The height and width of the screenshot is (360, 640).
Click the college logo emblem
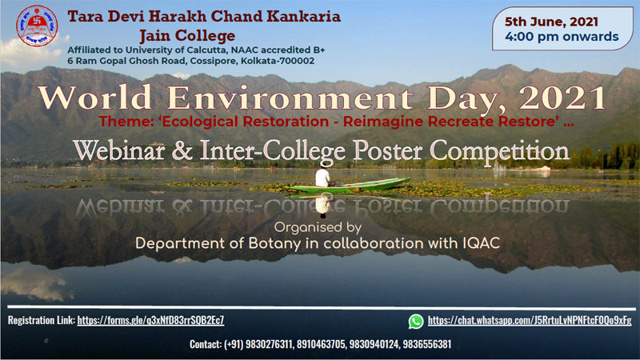tap(37, 26)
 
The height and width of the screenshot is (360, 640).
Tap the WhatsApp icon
tap(416, 322)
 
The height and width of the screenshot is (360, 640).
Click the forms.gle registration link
tap(150, 320)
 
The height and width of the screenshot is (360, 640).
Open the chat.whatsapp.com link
tap(530, 321)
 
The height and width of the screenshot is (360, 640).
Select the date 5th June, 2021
tap(551, 22)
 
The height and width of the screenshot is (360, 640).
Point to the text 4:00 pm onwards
tap(562, 37)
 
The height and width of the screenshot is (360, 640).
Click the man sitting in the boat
tap(322, 175)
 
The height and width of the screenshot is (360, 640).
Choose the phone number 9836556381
tap(427, 344)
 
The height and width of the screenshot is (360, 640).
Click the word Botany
tap(274, 244)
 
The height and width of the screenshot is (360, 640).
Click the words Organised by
tap(318, 227)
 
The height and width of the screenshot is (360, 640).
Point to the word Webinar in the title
tap(119, 150)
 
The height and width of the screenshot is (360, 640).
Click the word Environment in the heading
tap(290, 98)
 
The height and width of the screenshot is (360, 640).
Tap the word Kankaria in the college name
tap(304, 16)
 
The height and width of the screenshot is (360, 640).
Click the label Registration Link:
tap(42, 320)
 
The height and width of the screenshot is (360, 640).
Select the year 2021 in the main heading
tap(562, 98)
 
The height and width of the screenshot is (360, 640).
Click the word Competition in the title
tap(499, 151)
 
